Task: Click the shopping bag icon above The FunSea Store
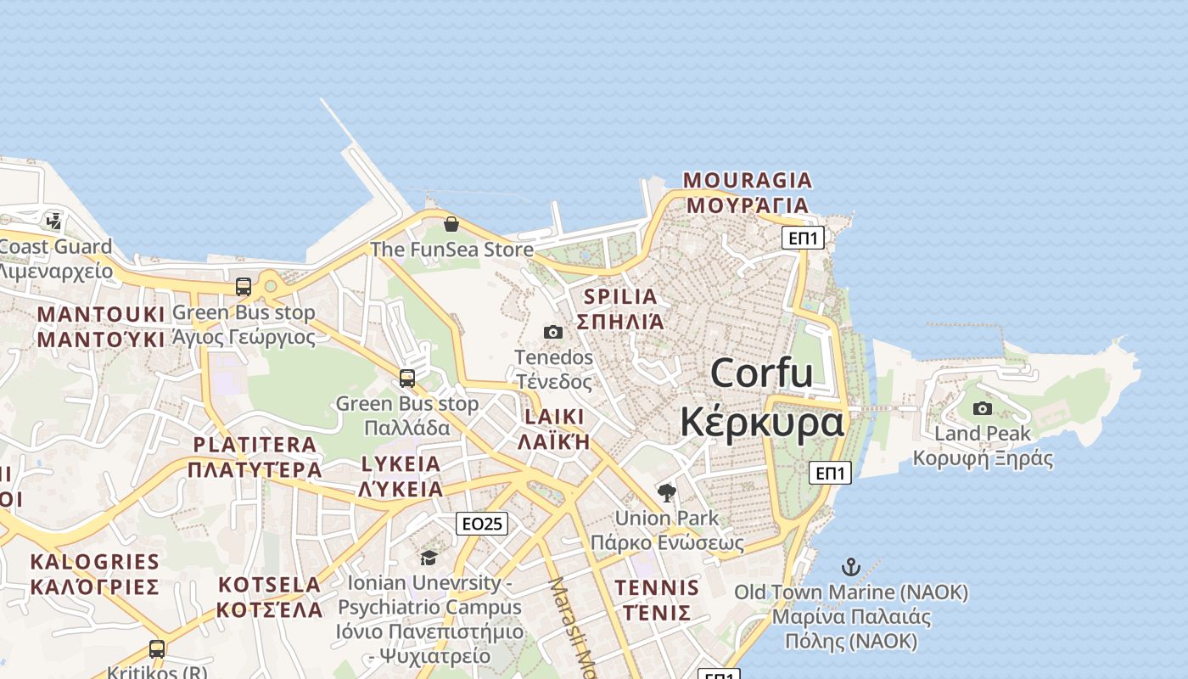click(x=451, y=224)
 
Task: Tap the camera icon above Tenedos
click(x=553, y=332)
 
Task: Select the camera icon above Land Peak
click(x=983, y=408)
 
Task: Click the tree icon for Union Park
click(x=667, y=492)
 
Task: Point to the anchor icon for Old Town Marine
click(x=850, y=567)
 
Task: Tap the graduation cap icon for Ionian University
click(x=429, y=558)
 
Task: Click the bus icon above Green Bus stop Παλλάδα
click(x=407, y=378)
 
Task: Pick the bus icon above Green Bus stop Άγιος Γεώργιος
click(x=244, y=287)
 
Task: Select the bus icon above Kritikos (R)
click(x=157, y=649)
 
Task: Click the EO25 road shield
click(x=482, y=524)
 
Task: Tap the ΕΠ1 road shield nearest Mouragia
click(x=803, y=238)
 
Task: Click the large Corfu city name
click(x=761, y=373)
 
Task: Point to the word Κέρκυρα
click(x=761, y=422)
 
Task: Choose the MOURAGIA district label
click(x=748, y=181)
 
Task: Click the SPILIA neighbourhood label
click(x=621, y=297)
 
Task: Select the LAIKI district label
click(x=554, y=417)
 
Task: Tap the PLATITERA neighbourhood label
click(x=255, y=445)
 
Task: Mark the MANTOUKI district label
click(x=100, y=315)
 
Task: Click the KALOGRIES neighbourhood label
click(x=94, y=562)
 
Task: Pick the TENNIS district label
click(x=657, y=587)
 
